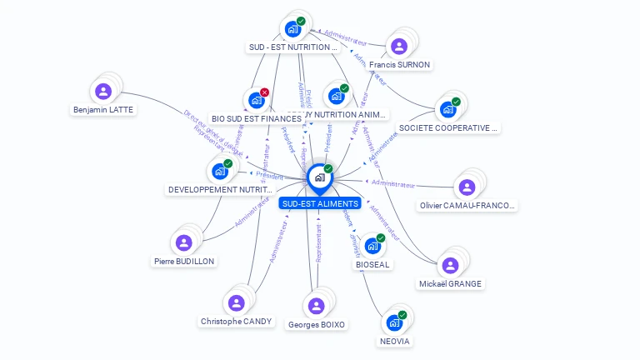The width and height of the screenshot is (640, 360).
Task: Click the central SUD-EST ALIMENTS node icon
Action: click(x=319, y=177)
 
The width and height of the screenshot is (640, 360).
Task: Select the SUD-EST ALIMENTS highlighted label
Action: click(x=320, y=203)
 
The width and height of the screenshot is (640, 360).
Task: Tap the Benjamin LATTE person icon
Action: click(x=103, y=91)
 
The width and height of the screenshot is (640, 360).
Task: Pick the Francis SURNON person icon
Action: click(x=399, y=46)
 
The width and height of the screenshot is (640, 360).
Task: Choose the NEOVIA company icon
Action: click(x=394, y=322)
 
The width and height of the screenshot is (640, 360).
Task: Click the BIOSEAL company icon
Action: click(x=372, y=246)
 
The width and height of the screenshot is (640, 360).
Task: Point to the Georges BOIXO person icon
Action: click(x=315, y=306)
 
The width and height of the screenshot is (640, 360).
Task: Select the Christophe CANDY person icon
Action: click(x=237, y=302)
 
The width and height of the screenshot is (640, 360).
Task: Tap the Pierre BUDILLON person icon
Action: click(x=184, y=242)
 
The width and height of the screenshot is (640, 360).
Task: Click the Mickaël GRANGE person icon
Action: click(x=450, y=265)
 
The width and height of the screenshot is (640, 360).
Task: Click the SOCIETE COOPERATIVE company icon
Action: click(x=448, y=109)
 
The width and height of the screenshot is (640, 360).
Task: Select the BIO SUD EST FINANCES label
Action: click(x=257, y=118)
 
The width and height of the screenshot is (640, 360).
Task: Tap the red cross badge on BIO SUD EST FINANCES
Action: click(x=265, y=92)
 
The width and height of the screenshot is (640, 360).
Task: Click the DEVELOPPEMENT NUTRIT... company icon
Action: click(x=220, y=171)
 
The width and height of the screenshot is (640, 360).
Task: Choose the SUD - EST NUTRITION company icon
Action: click(x=292, y=29)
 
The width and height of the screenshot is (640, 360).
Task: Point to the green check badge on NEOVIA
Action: click(x=402, y=315)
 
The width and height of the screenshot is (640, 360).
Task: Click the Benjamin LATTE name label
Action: click(x=103, y=109)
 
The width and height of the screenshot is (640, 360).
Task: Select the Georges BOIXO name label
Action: click(x=316, y=324)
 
